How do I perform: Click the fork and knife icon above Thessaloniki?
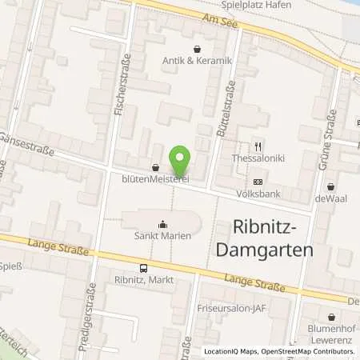[258, 147]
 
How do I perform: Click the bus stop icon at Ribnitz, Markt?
[143, 269]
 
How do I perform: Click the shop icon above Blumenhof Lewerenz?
[332, 317]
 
